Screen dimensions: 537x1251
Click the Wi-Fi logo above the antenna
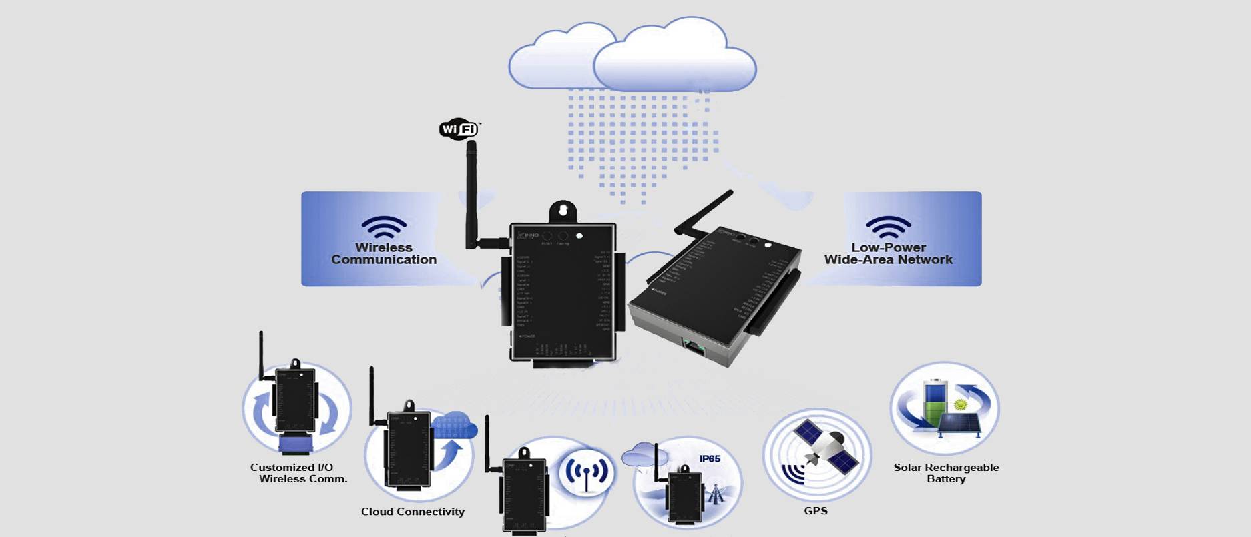click(x=459, y=129)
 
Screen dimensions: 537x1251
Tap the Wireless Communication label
click(x=384, y=254)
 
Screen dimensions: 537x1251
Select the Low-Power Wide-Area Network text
click(x=888, y=254)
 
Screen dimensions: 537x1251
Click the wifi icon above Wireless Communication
click(x=384, y=227)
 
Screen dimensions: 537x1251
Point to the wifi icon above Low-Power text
click(x=888, y=227)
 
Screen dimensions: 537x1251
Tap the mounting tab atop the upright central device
click(x=563, y=211)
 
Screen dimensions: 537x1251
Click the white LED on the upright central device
click(x=579, y=236)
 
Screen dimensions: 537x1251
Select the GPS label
click(x=816, y=511)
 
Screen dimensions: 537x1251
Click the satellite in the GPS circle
click(x=824, y=444)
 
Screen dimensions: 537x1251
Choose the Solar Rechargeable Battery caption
click(x=946, y=473)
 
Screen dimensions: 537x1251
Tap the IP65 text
click(x=710, y=459)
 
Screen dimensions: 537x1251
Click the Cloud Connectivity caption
click(x=413, y=512)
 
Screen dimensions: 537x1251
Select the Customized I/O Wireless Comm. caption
click(x=297, y=473)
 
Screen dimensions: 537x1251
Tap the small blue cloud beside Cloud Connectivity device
click(x=455, y=425)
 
